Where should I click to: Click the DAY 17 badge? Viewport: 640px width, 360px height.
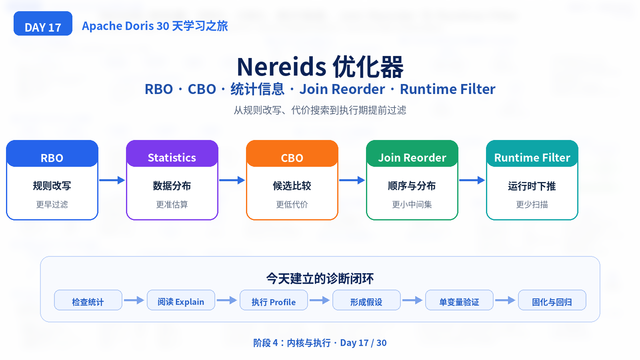[43, 24]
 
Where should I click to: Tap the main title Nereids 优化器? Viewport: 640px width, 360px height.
[320, 67]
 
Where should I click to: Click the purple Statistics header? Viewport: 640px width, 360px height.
[172, 154]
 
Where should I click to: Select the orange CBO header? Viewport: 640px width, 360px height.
[292, 154]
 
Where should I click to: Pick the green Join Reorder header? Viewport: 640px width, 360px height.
[412, 154]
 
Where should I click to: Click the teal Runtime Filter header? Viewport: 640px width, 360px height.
[532, 154]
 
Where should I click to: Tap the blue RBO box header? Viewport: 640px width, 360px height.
[52, 154]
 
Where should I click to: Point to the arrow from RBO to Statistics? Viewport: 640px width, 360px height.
[112, 180]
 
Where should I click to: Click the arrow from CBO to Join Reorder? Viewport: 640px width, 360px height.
[352, 180]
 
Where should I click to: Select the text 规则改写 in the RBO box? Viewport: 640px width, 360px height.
[52, 186]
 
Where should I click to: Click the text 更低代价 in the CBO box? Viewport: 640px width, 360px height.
[292, 204]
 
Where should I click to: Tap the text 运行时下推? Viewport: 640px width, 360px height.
[532, 186]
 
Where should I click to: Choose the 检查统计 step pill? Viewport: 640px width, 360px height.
[88, 300]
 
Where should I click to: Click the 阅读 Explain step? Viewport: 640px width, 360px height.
[181, 300]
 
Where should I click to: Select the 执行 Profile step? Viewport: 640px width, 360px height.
[274, 300]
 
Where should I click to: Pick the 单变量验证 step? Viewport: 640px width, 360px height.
[459, 300]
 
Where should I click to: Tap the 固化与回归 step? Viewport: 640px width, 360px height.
[552, 300]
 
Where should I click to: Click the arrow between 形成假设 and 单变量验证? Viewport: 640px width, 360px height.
[412, 300]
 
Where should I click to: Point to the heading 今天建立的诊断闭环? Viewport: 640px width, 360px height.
[320, 278]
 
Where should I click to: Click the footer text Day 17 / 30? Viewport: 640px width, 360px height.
[363, 342]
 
